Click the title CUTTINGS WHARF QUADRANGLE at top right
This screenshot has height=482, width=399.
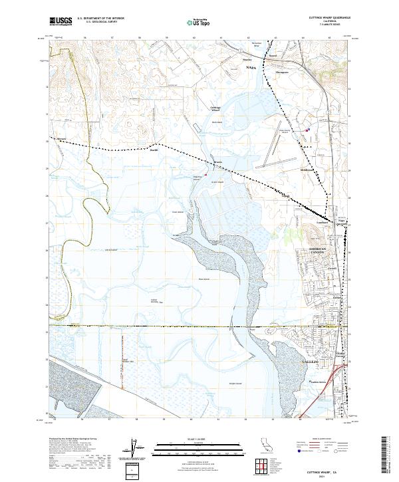coord(329,17)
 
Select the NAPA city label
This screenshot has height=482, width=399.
coord(251,68)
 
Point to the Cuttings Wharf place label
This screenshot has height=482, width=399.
coord(215,108)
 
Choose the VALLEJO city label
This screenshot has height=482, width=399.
coord(311,360)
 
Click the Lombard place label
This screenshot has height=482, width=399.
coord(323,223)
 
